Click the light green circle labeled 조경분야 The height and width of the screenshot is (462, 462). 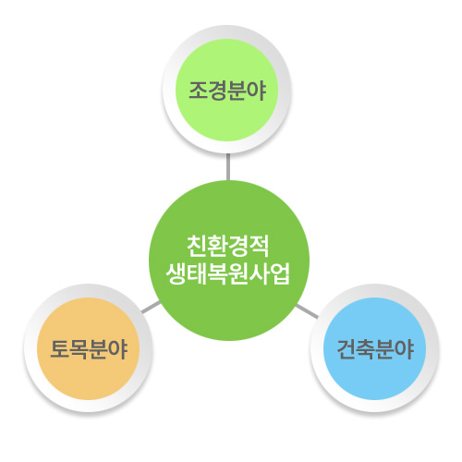point(227,90)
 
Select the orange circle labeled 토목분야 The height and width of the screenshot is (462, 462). point(89,348)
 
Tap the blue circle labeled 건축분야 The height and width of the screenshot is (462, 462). point(374,348)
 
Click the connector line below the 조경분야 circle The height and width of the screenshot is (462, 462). point(228,166)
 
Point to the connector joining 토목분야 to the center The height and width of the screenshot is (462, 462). point(151,307)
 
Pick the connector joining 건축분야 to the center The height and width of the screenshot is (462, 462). point(307,311)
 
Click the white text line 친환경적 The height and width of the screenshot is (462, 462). point(228,246)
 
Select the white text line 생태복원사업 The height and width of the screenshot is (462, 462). point(228,274)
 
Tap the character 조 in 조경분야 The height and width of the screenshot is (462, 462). point(198,91)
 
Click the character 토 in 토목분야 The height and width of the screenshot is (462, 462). point(59,349)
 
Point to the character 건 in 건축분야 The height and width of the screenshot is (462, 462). point(346,349)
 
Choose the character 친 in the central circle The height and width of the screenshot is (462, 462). point(197,246)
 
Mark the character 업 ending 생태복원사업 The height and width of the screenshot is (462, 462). point(280,274)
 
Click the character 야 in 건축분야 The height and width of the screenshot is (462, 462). point(404,349)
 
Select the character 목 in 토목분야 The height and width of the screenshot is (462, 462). point(79,349)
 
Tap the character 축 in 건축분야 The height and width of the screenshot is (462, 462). point(366,349)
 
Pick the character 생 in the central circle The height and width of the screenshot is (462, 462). point(176,274)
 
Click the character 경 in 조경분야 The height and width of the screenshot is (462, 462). point(217,91)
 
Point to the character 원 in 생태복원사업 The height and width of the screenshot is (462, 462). point(238,274)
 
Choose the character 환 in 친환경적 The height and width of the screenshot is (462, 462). point(217,246)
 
